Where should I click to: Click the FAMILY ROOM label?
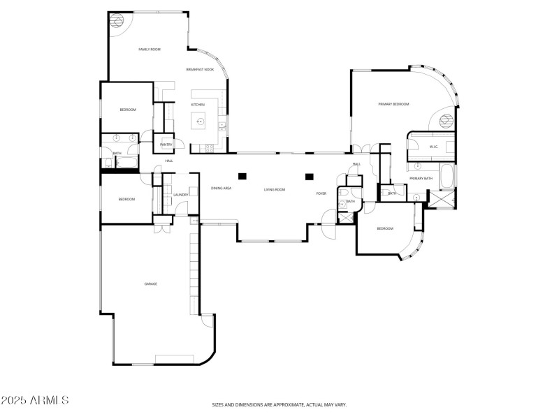(x=150, y=50)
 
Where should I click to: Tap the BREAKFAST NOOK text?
(x=200, y=70)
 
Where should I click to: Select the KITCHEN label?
(x=198, y=105)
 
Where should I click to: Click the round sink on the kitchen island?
(x=200, y=122)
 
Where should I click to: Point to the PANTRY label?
(x=166, y=145)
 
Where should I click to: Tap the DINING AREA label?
(x=222, y=189)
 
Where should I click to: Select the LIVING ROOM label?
(x=275, y=189)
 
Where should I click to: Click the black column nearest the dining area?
(x=242, y=176)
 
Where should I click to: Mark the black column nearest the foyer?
(x=308, y=176)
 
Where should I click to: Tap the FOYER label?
(x=321, y=193)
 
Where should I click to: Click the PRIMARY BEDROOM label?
(x=393, y=104)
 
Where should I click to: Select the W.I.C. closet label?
(x=433, y=147)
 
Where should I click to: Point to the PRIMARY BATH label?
(x=421, y=179)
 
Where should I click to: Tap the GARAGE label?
(x=150, y=284)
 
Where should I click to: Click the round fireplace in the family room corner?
(x=117, y=19)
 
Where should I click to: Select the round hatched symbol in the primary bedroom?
(x=445, y=120)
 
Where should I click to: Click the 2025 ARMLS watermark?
(x=35, y=401)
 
